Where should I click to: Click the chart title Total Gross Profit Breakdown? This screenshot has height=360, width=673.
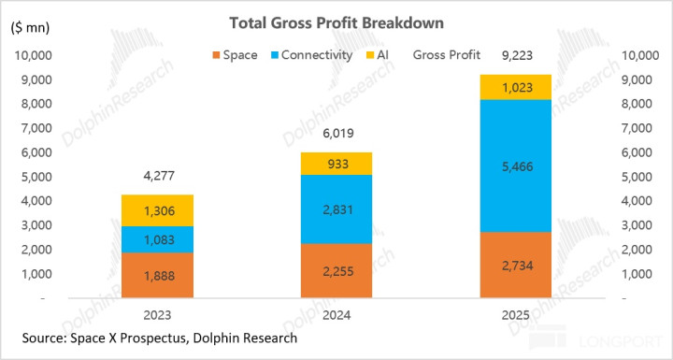click(x=336, y=22)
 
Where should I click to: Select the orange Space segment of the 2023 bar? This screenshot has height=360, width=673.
click(x=158, y=275)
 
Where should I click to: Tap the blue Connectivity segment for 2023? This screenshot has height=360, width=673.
click(x=158, y=239)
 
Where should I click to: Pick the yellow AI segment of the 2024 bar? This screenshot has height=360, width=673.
click(x=336, y=164)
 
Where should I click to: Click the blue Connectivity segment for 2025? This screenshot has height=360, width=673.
click(x=515, y=166)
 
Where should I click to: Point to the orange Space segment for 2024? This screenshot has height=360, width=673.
click(x=336, y=270)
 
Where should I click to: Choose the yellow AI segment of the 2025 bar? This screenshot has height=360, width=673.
click(x=515, y=87)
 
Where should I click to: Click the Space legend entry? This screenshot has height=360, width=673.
click(x=235, y=55)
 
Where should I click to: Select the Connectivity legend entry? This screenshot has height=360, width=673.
click(x=312, y=55)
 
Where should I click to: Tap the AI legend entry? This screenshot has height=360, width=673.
click(x=378, y=55)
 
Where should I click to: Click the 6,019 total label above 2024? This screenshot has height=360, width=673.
click(x=338, y=133)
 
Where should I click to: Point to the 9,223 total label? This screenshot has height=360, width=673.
click(x=517, y=55)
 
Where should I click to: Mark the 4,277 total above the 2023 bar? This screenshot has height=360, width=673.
click(x=159, y=176)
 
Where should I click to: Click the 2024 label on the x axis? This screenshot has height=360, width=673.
click(x=336, y=315)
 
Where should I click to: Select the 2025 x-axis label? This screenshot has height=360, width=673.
click(x=515, y=315)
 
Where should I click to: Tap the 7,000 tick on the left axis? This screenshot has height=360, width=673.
click(x=36, y=128)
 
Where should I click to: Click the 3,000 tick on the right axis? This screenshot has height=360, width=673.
click(x=637, y=225)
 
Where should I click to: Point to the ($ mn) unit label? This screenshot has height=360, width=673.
click(x=30, y=28)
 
